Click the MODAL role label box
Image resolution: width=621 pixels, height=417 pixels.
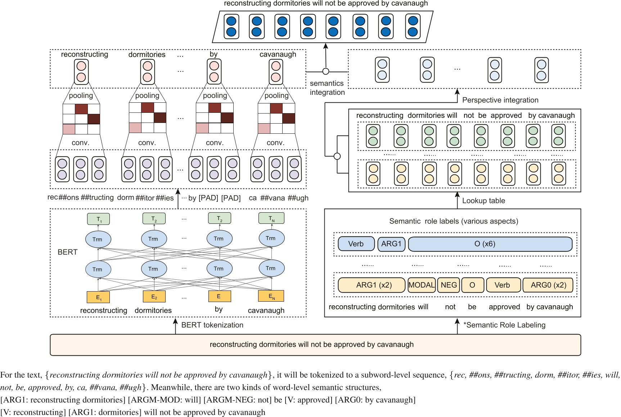click(422, 285)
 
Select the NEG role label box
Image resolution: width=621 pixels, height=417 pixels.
click(449, 285)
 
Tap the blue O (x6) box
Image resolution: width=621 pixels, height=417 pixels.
click(490, 244)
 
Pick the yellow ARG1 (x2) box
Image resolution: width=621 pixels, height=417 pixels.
click(372, 285)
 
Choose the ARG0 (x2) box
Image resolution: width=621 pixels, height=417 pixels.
click(548, 285)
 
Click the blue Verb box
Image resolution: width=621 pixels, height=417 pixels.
click(356, 244)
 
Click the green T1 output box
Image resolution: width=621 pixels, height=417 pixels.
click(99, 219)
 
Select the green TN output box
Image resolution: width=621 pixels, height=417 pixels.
click(271, 218)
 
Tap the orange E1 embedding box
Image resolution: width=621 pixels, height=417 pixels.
click(98, 297)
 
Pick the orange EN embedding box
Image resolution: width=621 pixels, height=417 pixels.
click(271, 296)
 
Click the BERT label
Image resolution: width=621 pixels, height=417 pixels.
click(68, 252)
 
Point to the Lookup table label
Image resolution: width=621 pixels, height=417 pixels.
click(483, 201)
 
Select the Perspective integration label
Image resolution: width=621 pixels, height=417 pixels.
click(500, 100)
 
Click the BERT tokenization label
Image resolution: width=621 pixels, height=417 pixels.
click(212, 325)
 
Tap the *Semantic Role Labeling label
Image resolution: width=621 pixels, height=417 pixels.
click(504, 325)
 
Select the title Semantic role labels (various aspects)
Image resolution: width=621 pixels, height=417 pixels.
click(454, 221)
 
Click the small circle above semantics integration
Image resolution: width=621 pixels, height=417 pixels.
click(326, 71)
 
